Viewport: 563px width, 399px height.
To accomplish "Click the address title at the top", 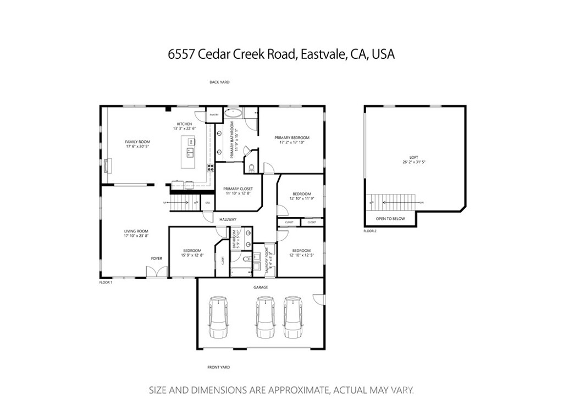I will click(281, 54).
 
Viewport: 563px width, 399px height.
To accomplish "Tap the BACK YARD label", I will click(219, 82).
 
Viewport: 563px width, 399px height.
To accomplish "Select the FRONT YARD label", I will click(218, 367).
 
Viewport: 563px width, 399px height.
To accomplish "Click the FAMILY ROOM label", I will click(137, 142).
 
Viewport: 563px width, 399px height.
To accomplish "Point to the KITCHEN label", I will click(184, 124).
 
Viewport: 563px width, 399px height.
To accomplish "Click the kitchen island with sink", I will click(190, 148).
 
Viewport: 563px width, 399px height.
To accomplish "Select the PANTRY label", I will click(214, 114).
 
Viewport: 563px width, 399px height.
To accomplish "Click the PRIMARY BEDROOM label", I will click(292, 137).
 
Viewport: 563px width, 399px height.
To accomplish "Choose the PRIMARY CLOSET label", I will click(238, 189).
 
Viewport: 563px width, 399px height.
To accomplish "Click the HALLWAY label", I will click(228, 219).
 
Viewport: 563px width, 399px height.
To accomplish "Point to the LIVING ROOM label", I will click(136, 231).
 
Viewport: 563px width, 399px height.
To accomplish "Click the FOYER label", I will click(157, 258).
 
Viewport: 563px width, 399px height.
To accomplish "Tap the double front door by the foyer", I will click(157, 271).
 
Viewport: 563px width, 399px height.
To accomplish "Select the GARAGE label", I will click(261, 287).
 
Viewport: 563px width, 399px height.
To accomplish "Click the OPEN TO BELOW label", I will click(390, 219).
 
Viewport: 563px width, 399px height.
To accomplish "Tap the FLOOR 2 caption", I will click(370, 231).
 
